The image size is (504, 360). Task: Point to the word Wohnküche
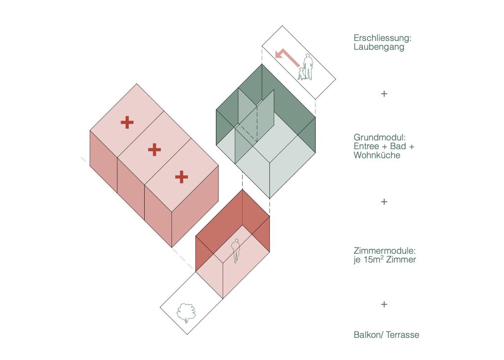click(377, 155)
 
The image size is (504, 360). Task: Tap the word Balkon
click(366, 335)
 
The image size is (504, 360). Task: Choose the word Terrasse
click(402, 335)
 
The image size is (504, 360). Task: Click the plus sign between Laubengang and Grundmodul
click(384, 94)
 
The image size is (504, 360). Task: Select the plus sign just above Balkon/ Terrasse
click(384, 304)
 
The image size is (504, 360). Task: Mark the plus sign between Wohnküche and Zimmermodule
click(384, 202)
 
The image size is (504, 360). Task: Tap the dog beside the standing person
click(301, 73)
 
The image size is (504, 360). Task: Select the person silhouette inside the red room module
click(236, 250)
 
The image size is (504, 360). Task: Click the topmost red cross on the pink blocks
click(127, 122)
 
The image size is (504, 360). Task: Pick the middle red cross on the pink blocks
click(155, 149)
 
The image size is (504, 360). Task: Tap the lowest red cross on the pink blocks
click(182, 176)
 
